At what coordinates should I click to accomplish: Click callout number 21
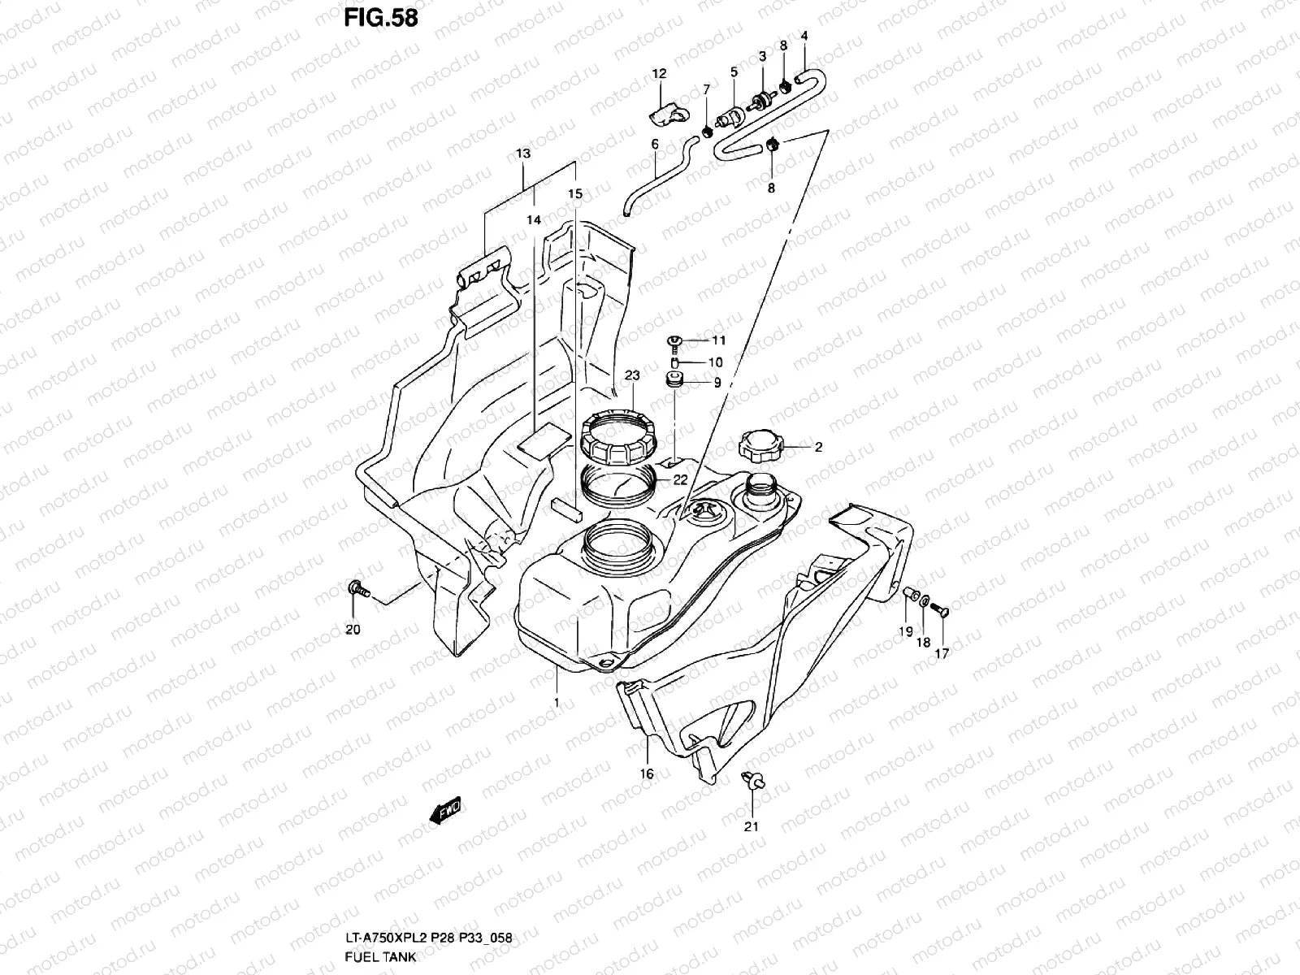(752, 827)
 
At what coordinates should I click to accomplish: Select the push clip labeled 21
(753, 782)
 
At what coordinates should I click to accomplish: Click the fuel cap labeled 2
(761, 445)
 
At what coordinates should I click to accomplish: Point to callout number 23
(632, 375)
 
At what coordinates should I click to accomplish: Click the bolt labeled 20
(357, 589)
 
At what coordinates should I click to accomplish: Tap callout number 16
(647, 774)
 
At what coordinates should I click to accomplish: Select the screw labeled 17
(939, 609)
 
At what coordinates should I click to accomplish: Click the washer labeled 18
(925, 602)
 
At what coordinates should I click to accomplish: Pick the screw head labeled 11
(674, 340)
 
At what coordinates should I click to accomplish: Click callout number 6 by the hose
(654, 144)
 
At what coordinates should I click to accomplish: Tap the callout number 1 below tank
(557, 701)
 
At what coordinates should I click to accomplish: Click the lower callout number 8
(771, 188)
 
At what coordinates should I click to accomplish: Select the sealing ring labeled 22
(622, 486)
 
